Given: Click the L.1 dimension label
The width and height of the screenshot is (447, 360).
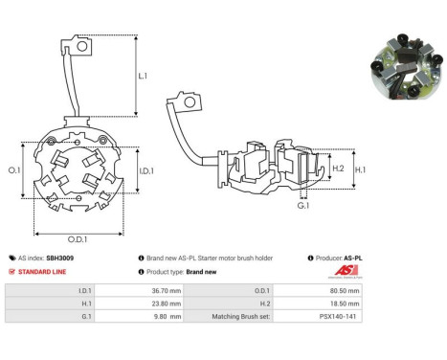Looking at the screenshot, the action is pos(143,76).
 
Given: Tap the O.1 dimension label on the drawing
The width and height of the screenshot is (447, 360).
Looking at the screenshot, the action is pos(14,170).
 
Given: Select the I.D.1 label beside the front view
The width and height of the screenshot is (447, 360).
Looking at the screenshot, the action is pos(146,171).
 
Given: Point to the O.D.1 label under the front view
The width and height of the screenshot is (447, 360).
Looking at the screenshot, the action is pos(78,239).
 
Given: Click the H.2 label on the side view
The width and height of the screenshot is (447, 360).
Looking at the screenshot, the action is pos(338,169).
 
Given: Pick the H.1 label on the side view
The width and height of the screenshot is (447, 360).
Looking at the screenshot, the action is pos(361,169).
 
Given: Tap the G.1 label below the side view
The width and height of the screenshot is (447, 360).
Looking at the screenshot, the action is pos(303,206).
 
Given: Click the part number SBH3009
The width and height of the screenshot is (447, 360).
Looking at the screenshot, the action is pos(60,258).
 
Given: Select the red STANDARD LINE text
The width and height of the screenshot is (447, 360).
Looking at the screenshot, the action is pos(42,272).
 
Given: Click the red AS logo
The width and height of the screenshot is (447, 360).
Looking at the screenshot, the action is pos(346,271).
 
